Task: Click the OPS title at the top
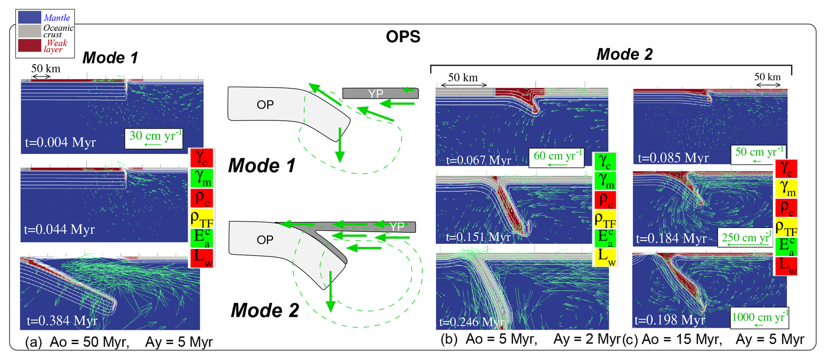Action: [403, 37]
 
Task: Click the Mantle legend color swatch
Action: [30, 17]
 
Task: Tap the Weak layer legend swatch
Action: [30, 46]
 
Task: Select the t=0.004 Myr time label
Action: [60, 142]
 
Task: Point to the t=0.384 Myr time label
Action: [62, 320]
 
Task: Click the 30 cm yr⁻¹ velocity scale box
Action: [154, 138]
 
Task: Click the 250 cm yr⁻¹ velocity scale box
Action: [745, 238]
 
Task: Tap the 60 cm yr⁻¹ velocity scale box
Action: [556, 157]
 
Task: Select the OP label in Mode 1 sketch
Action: [265, 105]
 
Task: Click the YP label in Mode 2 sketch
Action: [397, 227]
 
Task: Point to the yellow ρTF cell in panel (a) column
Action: [202, 219]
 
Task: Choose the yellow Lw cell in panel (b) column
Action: [605, 257]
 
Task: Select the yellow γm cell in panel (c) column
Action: [786, 188]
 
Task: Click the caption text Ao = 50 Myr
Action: [89, 342]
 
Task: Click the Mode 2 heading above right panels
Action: [624, 54]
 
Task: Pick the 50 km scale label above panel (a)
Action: [46, 68]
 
